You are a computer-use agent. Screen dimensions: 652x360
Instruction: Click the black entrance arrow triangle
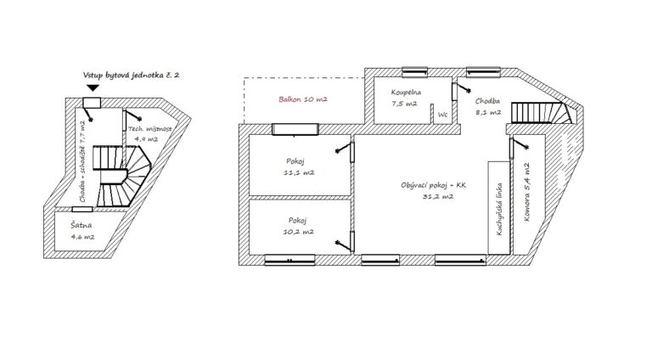93,87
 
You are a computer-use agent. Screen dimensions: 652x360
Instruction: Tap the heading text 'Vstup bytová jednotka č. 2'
131,76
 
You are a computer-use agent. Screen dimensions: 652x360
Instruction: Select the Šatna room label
81,225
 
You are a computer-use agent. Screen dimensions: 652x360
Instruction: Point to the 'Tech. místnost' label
149,129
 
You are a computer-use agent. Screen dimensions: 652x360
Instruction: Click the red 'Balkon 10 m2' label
303,99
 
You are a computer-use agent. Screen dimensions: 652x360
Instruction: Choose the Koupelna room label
406,93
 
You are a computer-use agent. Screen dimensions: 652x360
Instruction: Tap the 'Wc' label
442,115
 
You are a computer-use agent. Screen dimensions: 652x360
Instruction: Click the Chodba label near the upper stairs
487,101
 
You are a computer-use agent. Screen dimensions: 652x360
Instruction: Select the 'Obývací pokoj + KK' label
434,185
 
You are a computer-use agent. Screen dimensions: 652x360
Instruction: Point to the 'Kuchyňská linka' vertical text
499,209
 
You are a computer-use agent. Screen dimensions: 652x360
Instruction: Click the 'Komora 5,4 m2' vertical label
527,192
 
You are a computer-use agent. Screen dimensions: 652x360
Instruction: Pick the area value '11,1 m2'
299,172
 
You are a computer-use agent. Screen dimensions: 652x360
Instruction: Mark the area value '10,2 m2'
299,232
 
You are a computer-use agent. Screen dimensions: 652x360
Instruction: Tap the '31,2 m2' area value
438,197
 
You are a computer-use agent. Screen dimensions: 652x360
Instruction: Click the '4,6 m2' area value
82,237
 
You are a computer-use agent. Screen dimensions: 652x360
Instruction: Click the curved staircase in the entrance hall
121,176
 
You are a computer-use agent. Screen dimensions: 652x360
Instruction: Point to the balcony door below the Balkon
295,129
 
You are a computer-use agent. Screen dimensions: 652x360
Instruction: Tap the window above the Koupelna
414,72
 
